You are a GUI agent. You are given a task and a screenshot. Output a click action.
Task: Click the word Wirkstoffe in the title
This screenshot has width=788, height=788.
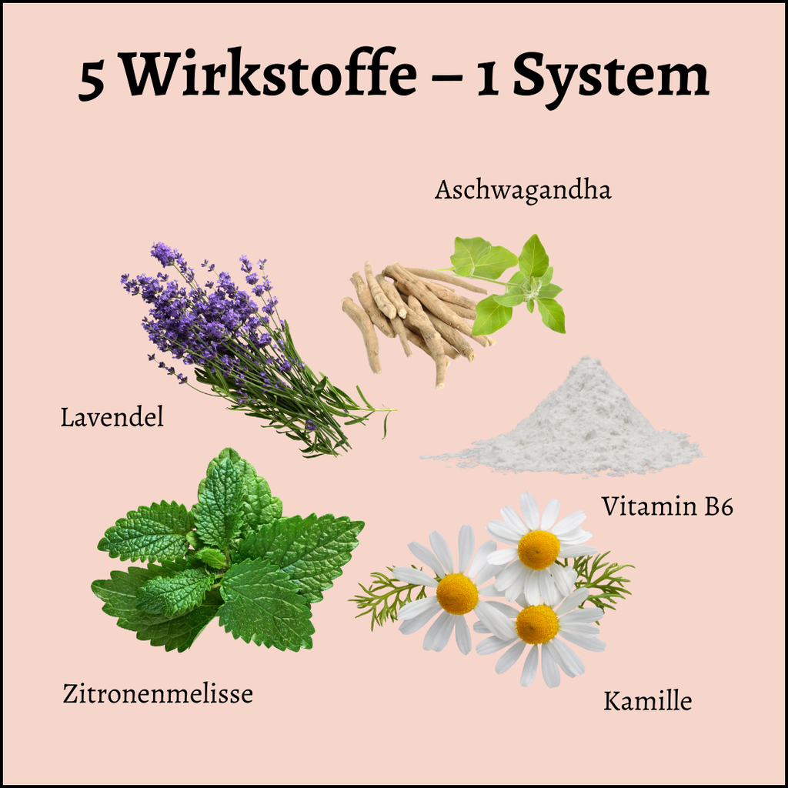click(270, 74)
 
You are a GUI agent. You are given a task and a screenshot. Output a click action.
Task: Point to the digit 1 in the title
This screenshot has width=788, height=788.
click(487, 81)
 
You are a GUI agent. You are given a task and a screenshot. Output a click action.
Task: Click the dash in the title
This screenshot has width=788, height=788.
click(446, 80)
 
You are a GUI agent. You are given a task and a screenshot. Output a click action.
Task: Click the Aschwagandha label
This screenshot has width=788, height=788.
click(523, 191)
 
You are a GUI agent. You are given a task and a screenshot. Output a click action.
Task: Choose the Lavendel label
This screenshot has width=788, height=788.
click(112, 418)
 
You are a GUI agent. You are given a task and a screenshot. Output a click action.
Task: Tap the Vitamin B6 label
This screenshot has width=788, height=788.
click(667, 506)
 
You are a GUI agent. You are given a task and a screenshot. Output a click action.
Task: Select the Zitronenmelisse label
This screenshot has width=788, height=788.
click(158, 694)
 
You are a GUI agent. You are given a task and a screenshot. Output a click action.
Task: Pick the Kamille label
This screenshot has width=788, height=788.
click(647, 701)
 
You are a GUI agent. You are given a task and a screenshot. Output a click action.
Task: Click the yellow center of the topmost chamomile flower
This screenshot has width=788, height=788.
click(538, 549)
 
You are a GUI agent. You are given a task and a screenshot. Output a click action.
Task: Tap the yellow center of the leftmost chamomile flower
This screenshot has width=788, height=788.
click(457, 594)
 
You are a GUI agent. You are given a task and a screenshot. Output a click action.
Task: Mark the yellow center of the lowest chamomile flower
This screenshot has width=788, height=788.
click(536, 625)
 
